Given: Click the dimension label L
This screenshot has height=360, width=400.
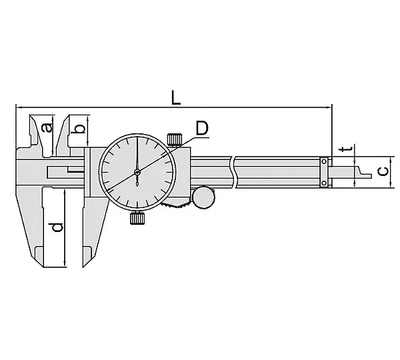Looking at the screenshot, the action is pos(176,98).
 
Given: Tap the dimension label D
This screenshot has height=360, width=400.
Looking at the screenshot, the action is pos(202,129).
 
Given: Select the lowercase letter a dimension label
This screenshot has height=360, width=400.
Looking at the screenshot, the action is pos(47,127).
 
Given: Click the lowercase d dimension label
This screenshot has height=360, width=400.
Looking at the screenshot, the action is pos(57,227).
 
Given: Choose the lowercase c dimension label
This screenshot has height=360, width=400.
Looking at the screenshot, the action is pos(383,171).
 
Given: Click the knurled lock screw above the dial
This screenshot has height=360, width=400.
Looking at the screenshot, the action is pos(175,139).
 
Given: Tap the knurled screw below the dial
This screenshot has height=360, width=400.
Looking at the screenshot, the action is pos(137,219).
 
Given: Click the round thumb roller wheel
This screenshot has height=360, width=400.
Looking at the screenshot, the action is pos(203,197).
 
